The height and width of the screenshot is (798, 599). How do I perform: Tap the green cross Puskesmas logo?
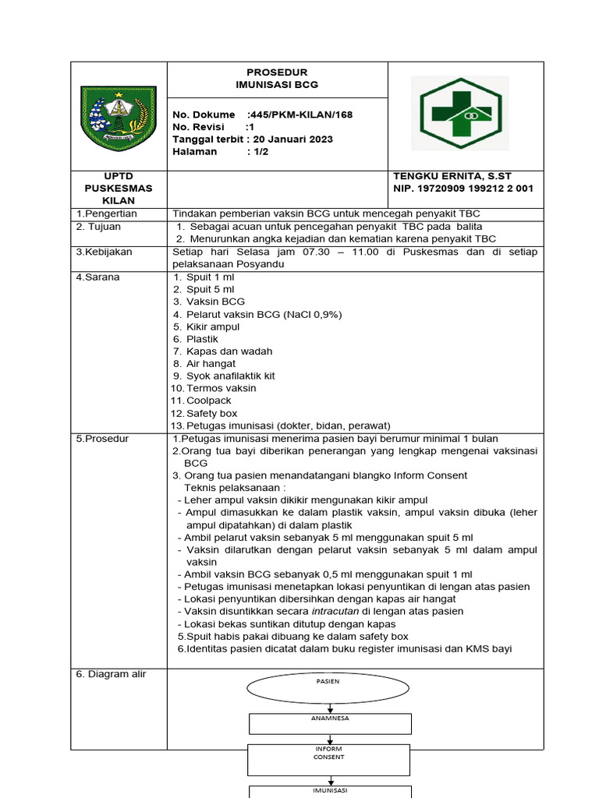(x=459, y=113)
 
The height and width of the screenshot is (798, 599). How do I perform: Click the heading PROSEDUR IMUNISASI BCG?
(x=277, y=78)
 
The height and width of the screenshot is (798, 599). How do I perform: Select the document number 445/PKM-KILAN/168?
(x=297, y=115)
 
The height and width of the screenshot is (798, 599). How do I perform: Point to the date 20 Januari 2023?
(x=292, y=139)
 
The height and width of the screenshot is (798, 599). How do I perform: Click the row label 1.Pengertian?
(x=106, y=214)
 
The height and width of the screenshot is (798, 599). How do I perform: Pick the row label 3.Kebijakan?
(x=104, y=252)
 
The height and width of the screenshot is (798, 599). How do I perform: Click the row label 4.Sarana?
(x=97, y=277)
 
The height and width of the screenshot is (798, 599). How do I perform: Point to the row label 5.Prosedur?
(x=102, y=439)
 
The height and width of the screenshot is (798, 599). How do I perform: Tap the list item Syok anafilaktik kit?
(x=230, y=376)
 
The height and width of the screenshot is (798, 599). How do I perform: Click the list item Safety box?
(x=211, y=413)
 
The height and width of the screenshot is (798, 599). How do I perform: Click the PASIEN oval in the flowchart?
(x=328, y=687)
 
